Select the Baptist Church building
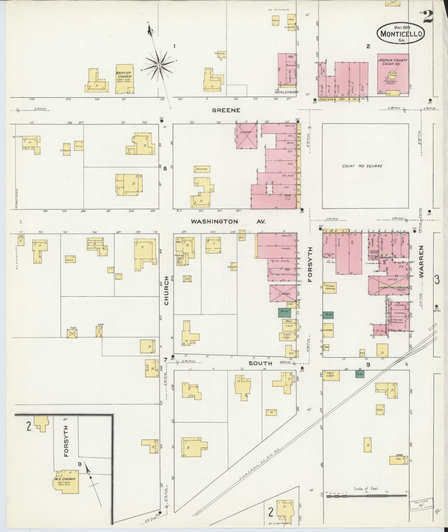(x=125, y=79)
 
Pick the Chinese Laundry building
(x=330, y=287)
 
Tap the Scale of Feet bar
(x=366, y=496)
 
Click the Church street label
(x=166, y=291)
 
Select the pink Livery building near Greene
(x=247, y=136)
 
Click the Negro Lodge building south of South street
(x=331, y=376)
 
